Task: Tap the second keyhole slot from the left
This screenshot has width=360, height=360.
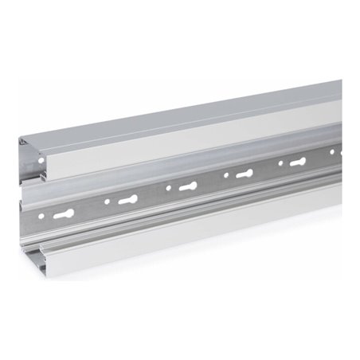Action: coord(127,200)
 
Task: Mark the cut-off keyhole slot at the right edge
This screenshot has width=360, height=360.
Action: coord(340,152)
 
